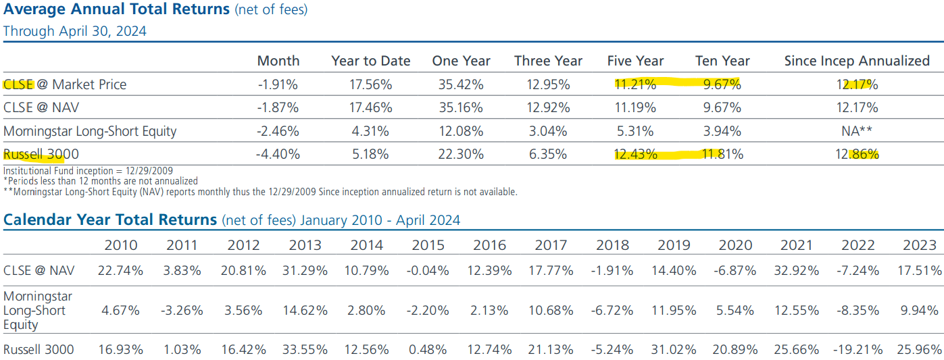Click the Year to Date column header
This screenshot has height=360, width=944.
(x=370, y=61)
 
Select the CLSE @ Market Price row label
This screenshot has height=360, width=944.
(x=64, y=84)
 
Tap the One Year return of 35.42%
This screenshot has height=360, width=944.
(x=457, y=84)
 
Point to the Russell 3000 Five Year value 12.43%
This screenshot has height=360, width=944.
(x=635, y=154)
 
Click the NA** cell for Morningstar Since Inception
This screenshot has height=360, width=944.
(x=857, y=131)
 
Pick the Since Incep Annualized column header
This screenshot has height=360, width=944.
(x=857, y=61)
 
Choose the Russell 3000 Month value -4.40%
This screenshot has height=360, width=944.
(x=278, y=154)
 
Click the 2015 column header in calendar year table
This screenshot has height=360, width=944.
(x=428, y=245)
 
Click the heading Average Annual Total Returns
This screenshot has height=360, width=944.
(x=116, y=10)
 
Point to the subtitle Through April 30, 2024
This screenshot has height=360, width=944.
(x=74, y=31)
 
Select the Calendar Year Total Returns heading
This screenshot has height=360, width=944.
(x=110, y=220)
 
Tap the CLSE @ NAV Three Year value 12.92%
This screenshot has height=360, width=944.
(x=547, y=107)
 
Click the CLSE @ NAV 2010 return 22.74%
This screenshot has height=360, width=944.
(x=120, y=271)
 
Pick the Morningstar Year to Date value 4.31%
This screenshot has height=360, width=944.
(x=370, y=131)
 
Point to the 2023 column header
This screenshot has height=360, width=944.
(x=919, y=245)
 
